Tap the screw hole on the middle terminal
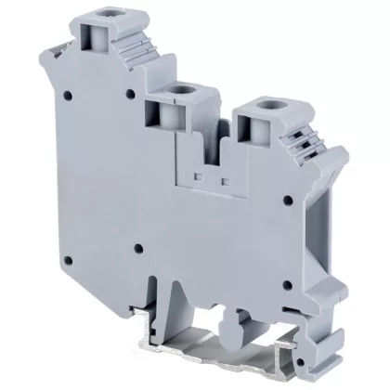pos(175,88)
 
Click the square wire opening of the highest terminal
pos(96,38)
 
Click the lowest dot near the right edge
pos(287,286)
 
